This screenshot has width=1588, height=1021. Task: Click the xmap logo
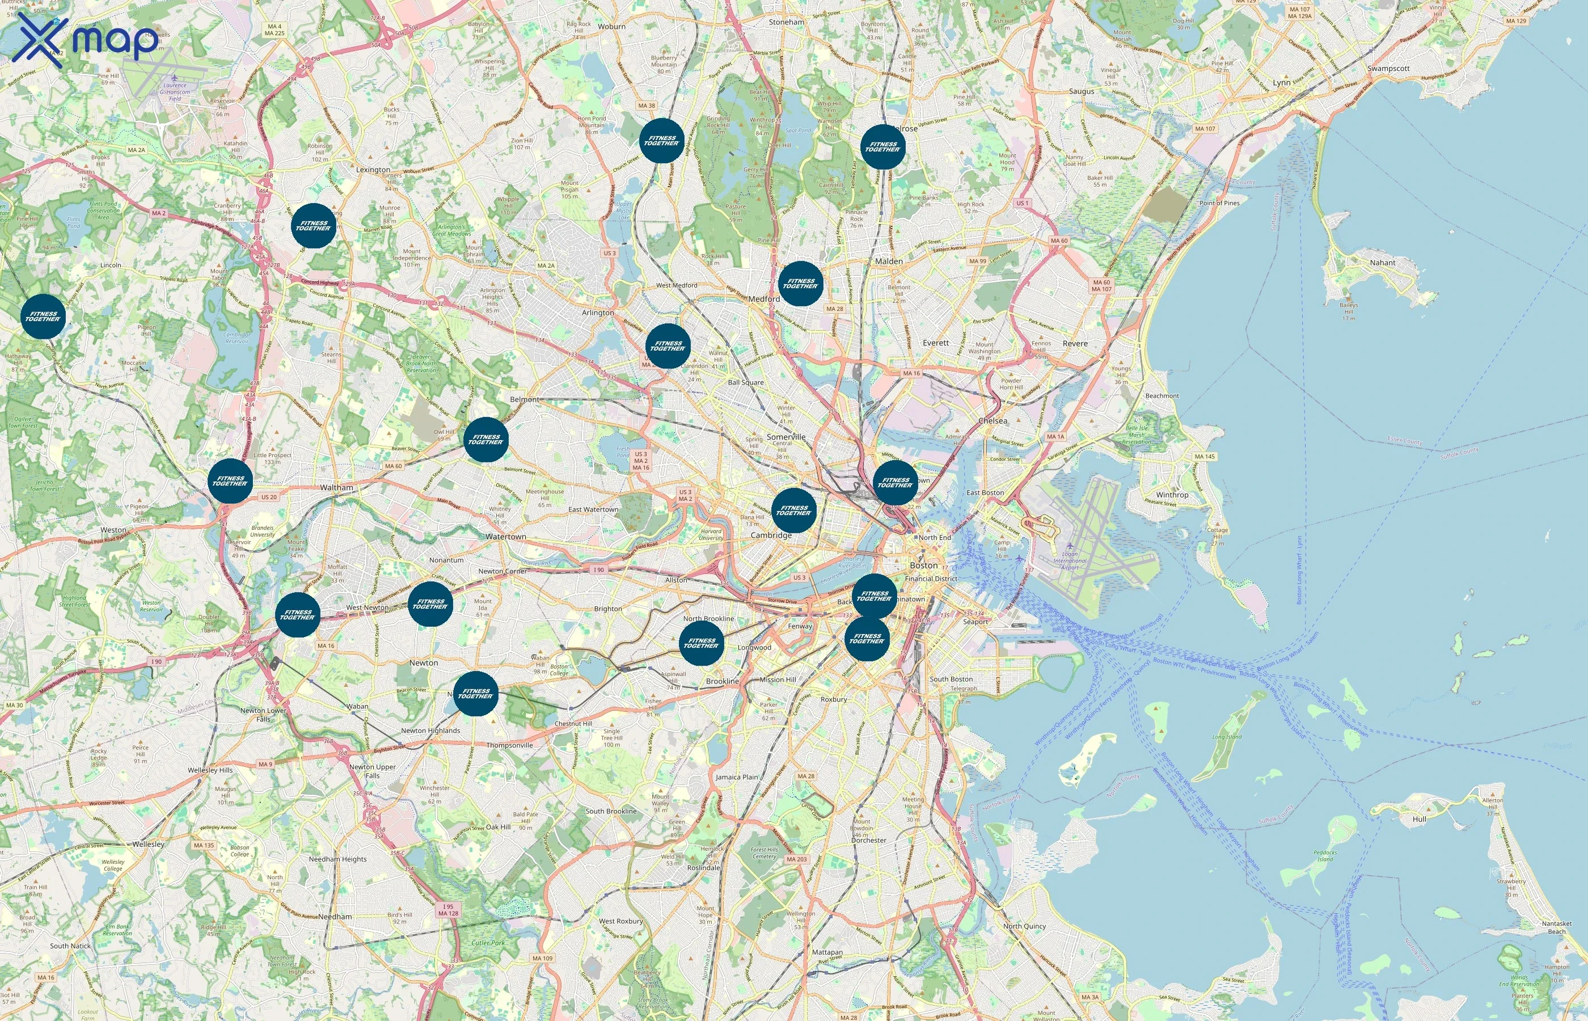pyautogui.click(x=86, y=40)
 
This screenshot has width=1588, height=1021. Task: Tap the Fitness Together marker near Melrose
pyautogui.click(x=883, y=147)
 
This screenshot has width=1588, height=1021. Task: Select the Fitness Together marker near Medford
pyautogui.click(x=801, y=284)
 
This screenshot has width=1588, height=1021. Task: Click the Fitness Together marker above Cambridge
pyautogui.click(x=794, y=510)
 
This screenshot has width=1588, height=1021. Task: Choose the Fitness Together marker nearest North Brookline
pyautogui.click(x=701, y=643)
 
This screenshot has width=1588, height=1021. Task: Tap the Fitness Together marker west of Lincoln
pyautogui.click(x=43, y=317)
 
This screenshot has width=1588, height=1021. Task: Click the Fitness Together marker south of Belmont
pyautogui.click(x=486, y=440)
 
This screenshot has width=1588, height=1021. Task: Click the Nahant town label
pyautogui.click(x=1382, y=263)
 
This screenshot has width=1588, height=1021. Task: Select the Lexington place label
pyautogui.click(x=373, y=170)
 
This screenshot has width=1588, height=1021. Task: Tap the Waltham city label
pyautogui.click(x=337, y=487)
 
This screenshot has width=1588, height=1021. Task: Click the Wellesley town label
pyautogui.click(x=149, y=844)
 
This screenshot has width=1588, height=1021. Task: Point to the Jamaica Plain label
pyautogui.click(x=736, y=777)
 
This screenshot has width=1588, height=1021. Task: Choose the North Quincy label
pyautogui.click(x=1024, y=926)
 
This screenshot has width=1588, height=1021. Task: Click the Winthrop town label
pyautogui.click(x=1172, y=495)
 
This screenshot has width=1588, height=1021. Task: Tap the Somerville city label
pyautogui.click(x=786, y=437)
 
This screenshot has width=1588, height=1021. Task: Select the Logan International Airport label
pyautogui.click(x=1070, y=560)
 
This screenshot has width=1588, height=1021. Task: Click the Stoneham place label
pyautogui.click(x=787, y=22)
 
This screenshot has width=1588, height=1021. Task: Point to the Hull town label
pyautogui.click(x=1419, y=819)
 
